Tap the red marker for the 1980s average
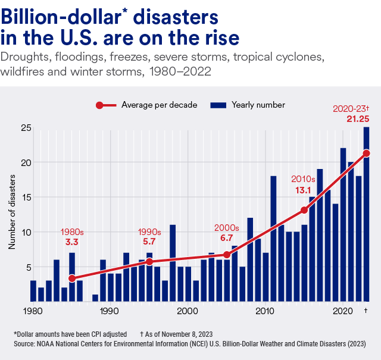point(72,278)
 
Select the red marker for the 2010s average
point(304,210)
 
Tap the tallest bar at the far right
point(366,214)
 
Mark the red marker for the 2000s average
point(227,255)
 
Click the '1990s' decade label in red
point(149,231)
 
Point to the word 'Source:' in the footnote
point(26,344)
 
